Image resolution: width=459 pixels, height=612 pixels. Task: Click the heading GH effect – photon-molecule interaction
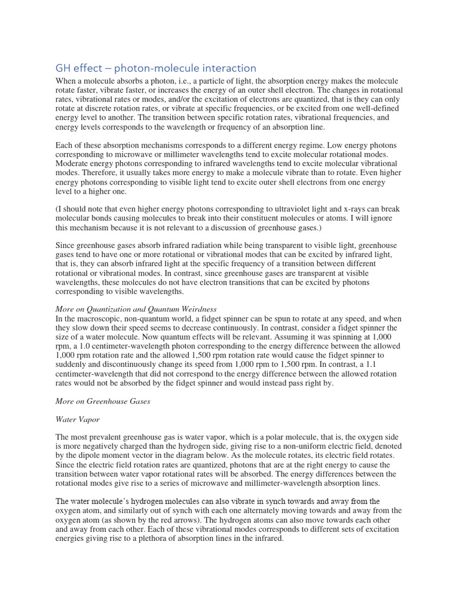tap(155, 68)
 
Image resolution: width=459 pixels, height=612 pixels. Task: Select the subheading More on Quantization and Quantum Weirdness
tap(136, 309)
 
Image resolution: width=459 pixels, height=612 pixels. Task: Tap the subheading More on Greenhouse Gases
tap(102, 401)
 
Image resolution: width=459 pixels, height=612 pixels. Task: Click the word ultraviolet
tap(298, 209)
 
